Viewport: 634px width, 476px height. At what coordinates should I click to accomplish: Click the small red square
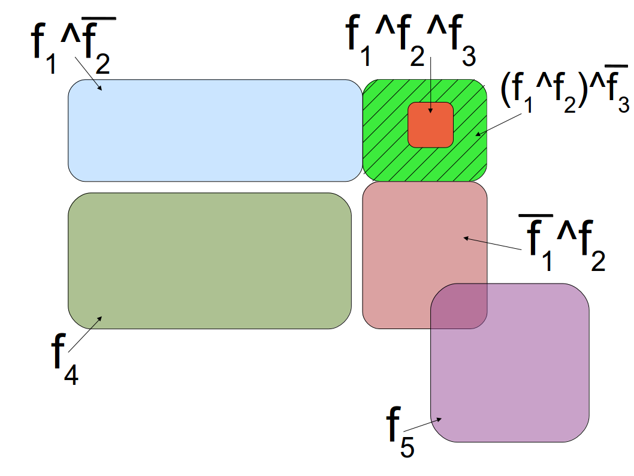[x=430, y=124]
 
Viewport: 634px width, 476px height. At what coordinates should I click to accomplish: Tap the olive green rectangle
[x=210, y=261]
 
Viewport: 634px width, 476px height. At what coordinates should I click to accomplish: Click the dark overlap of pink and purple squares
[x=459, y=306]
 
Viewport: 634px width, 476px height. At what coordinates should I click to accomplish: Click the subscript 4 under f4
[x=71, y=376]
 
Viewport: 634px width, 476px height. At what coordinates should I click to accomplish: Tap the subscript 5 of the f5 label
[x=407, y=447]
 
